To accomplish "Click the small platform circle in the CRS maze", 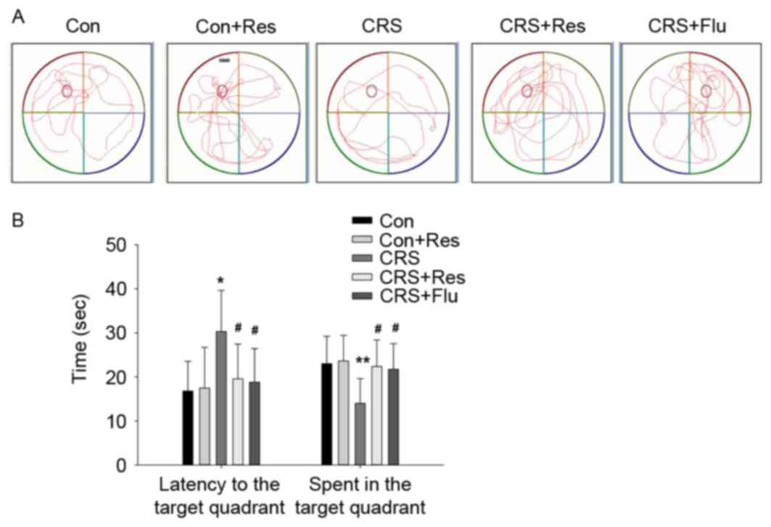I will click(x=371, y=91).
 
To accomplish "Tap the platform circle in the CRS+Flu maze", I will click(x=706, y=90).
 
